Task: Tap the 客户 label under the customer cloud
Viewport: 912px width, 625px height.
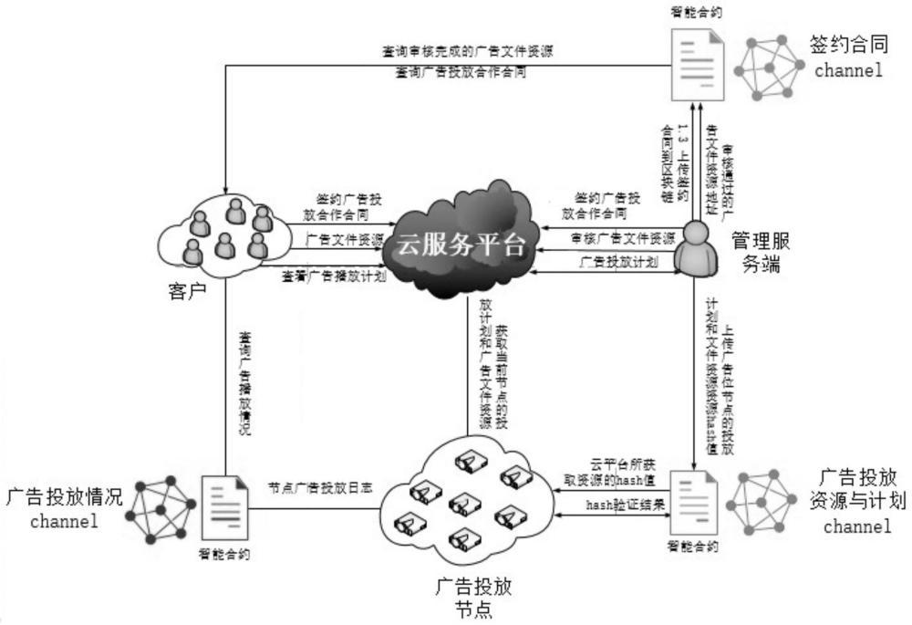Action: click(188, 291)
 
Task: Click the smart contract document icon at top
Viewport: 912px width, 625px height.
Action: click(700, 65)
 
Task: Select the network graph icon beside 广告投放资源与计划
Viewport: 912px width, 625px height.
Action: click(769, 504)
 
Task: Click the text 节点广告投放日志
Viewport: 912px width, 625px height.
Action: click(308, 488)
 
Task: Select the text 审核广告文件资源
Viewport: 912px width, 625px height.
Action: click(623, 239)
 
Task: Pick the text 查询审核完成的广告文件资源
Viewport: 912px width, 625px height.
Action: click(467, 52)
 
